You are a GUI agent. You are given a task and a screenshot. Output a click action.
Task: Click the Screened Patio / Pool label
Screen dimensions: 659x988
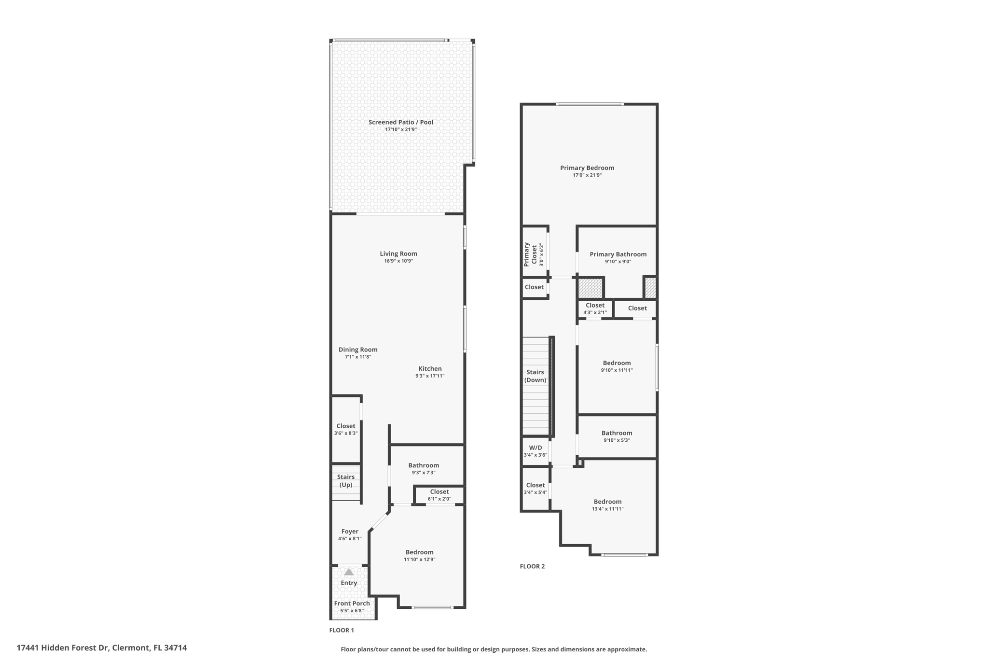(x=400, y=122)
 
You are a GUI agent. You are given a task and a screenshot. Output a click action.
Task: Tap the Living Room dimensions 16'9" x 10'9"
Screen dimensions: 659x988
(x=398, y=261)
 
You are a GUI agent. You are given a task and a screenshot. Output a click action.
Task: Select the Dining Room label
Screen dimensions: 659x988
(x=358, y=350)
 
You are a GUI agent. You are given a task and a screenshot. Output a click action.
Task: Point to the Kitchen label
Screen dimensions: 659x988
(x=430, y=368)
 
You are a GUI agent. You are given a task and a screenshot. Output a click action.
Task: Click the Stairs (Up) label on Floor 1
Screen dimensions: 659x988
(x=346, y=481)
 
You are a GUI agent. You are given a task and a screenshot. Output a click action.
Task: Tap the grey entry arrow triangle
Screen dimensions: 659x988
(x=349, y=572)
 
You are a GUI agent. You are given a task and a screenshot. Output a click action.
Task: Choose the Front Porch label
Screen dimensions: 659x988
(x=352, y=603)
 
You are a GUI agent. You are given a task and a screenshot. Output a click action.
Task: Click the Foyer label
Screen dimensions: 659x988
(x=350, y=532)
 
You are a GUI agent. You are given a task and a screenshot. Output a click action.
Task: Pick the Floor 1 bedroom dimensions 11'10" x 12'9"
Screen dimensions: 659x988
(x=419, y=560)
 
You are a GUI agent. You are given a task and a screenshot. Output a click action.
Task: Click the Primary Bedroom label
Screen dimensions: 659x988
(x=587, y=168)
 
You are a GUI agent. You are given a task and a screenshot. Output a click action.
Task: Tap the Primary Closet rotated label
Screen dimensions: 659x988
(x=530, y=254)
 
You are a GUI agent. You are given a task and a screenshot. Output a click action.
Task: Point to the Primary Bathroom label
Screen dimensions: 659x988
(x=618, y=254)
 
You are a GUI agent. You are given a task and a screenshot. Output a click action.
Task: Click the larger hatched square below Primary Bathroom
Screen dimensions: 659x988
(x=590, y=288)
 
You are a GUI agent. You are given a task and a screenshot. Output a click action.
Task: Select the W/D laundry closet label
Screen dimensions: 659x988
(x=535, y=448)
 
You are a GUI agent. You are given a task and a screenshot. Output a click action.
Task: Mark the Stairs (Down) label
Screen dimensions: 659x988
(x=535, y=376)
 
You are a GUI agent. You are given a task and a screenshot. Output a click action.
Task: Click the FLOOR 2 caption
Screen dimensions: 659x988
(x=532, y=566)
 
